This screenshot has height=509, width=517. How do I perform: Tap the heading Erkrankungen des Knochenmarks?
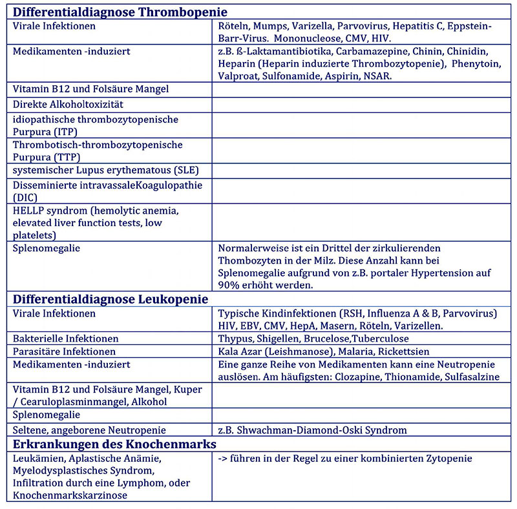click(115, 444)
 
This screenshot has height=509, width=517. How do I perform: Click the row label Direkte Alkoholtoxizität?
click(69, 104)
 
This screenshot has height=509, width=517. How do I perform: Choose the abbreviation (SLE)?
click(182, 171)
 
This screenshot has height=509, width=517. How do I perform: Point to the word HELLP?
click(30, 211)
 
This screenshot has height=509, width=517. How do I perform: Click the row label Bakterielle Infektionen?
click(65, 338)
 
